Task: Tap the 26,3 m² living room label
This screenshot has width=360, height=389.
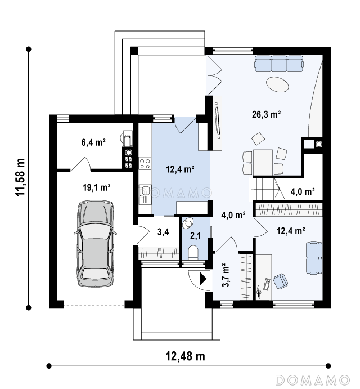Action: (266, 114)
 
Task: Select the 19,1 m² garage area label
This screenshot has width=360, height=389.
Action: (97, 187)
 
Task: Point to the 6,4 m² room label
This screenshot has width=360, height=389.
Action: (93, 142)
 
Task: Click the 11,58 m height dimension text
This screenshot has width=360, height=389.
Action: (20, 177)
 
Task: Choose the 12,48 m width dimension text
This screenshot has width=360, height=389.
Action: (185, 356)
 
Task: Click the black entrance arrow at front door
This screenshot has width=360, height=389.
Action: (203, 279)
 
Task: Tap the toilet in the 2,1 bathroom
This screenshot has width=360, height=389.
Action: (193, 253)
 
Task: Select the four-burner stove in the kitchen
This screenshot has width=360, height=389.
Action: (145, 163)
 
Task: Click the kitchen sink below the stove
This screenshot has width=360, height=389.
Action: (145, 194)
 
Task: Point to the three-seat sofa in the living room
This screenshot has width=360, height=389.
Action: (279, 63)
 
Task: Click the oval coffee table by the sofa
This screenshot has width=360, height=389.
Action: (277, 84)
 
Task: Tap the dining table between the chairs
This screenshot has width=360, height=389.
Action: (263, 162)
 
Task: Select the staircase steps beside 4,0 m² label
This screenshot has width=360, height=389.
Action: (265, 189)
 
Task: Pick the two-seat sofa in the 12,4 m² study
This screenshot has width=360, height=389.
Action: (314, 258)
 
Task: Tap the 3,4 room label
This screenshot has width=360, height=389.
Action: (163, 232)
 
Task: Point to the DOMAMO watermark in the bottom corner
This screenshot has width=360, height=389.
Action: (313, 380)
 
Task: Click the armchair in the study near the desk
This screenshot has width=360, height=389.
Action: (281, 281)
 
